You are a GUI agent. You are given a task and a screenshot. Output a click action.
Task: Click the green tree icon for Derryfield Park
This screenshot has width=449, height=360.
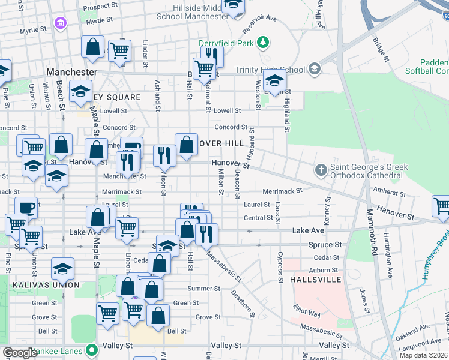pos(262,42)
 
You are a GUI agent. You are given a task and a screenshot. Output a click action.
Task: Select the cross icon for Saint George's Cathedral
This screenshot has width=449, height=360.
pos(321,170)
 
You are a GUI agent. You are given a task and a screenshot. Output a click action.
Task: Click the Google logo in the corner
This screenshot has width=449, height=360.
pos(20,352)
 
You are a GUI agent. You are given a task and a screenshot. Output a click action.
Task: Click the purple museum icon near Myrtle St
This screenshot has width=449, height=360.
pos(60,23)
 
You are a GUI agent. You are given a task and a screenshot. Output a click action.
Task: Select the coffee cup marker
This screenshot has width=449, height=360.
pos(26,208)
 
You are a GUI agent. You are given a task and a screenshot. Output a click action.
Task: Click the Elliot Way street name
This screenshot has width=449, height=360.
pos(307,312)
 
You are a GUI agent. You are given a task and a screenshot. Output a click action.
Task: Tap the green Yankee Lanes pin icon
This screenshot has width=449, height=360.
pos(91,349)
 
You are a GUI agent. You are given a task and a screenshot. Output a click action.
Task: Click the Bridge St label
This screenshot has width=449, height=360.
pos(379,49)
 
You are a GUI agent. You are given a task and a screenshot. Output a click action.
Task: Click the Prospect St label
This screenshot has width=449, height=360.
pos(100,7)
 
